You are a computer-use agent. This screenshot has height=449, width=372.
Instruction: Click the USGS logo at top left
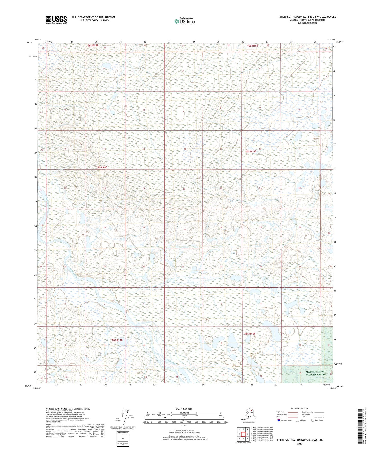coord(56,20)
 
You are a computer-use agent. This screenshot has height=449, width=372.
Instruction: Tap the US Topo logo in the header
coord(185,21)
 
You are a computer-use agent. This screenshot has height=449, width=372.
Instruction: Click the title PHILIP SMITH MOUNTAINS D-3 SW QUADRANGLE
coord(307,17)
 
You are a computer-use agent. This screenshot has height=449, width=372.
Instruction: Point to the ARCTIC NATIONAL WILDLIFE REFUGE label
coord(316,373)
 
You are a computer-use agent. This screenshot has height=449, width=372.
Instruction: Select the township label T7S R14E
coord(102,167)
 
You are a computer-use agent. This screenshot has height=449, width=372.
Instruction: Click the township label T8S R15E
coord(250,334)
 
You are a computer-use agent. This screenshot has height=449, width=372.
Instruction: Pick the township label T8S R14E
coord(117,340)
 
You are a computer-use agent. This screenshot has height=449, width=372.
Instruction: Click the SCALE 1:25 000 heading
coord(184,409)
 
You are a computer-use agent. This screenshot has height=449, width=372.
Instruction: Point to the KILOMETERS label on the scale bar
coord(184,413)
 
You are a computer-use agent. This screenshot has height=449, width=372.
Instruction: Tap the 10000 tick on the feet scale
coord(226,422)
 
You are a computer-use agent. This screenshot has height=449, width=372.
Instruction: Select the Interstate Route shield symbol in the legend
coord(279,420)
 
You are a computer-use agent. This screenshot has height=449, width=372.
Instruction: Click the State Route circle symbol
coord(313,420)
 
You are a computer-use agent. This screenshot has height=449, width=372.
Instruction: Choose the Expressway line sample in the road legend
coord(293,412)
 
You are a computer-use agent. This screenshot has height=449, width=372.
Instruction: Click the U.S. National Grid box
coord(123,439)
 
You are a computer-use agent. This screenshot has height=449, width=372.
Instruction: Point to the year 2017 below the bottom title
coord(300,444)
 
